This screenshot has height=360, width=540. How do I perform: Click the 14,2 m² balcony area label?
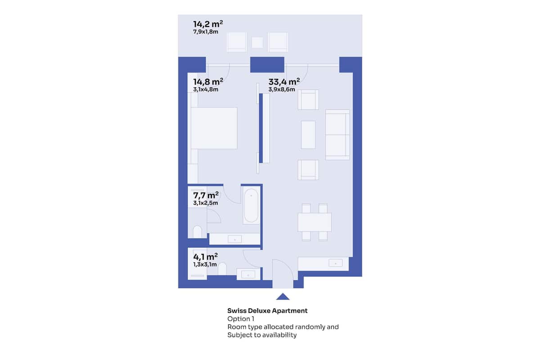coord(208,24)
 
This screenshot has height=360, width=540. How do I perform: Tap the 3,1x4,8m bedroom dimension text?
coord(206,90)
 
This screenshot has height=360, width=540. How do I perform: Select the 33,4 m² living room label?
coord(284,82)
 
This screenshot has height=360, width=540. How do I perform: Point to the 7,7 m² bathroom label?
coord(206,195)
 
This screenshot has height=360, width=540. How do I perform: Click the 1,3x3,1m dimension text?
coord(205,264)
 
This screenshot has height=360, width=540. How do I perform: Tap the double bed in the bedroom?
coord(214,128)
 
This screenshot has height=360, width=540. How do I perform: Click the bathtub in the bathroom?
coord(251,206)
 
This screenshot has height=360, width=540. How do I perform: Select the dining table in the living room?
coord(315,222)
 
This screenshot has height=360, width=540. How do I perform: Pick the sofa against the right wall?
coord(337,135)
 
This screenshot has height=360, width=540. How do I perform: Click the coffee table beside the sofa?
coord(308,135)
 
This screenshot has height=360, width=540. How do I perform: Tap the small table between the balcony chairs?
coord(257,43)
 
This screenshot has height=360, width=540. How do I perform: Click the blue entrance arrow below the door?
coord(283,297)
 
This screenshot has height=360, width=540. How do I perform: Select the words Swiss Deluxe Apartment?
coord(267,310)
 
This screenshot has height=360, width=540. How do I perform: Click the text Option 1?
coord(241,319)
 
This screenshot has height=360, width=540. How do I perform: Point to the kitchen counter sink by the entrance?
coord(336,263)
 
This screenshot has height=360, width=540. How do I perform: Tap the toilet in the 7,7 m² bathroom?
coord(197,232)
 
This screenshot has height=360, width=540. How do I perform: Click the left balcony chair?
coord(237,42)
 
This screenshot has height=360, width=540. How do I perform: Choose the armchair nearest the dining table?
coord(308,170)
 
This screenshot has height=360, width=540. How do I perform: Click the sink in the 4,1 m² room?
coord(248,274)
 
